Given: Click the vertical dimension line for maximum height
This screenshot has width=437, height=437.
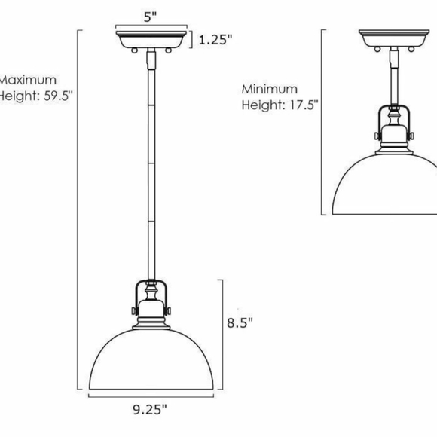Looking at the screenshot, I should pos(79,211).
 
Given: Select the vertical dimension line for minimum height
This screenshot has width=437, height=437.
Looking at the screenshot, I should pos(322,121).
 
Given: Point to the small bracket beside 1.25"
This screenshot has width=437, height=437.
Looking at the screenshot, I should pos(193,40).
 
